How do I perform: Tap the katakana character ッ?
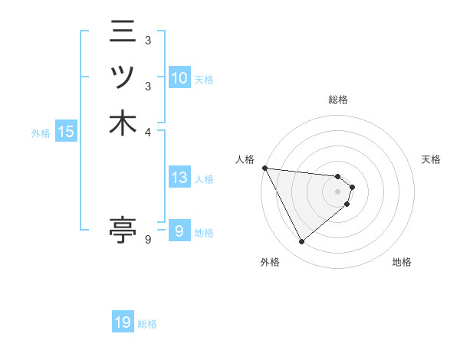coord(123,78)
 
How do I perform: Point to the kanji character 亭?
coord(123,229)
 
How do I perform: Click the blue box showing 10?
coord(179,78)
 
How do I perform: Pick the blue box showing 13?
coord(179,178)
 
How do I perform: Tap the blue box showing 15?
coord(66,133)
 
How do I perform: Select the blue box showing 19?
coord(123,322)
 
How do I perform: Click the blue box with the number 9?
coord(179,231)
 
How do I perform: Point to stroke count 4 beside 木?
coord(148,131)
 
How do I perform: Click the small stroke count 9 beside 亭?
coord(148,240)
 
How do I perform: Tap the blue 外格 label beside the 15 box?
coord(41,133)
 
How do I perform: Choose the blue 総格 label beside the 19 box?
coord(147,324)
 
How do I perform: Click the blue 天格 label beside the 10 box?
coord(204,80)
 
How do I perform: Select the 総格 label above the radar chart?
coord(338,100)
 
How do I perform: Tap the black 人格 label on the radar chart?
coord(245,159)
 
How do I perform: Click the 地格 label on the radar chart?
coord(402,263)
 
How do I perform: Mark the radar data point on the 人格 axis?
coord(264,168)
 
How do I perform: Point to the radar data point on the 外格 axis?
coord(301,242)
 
